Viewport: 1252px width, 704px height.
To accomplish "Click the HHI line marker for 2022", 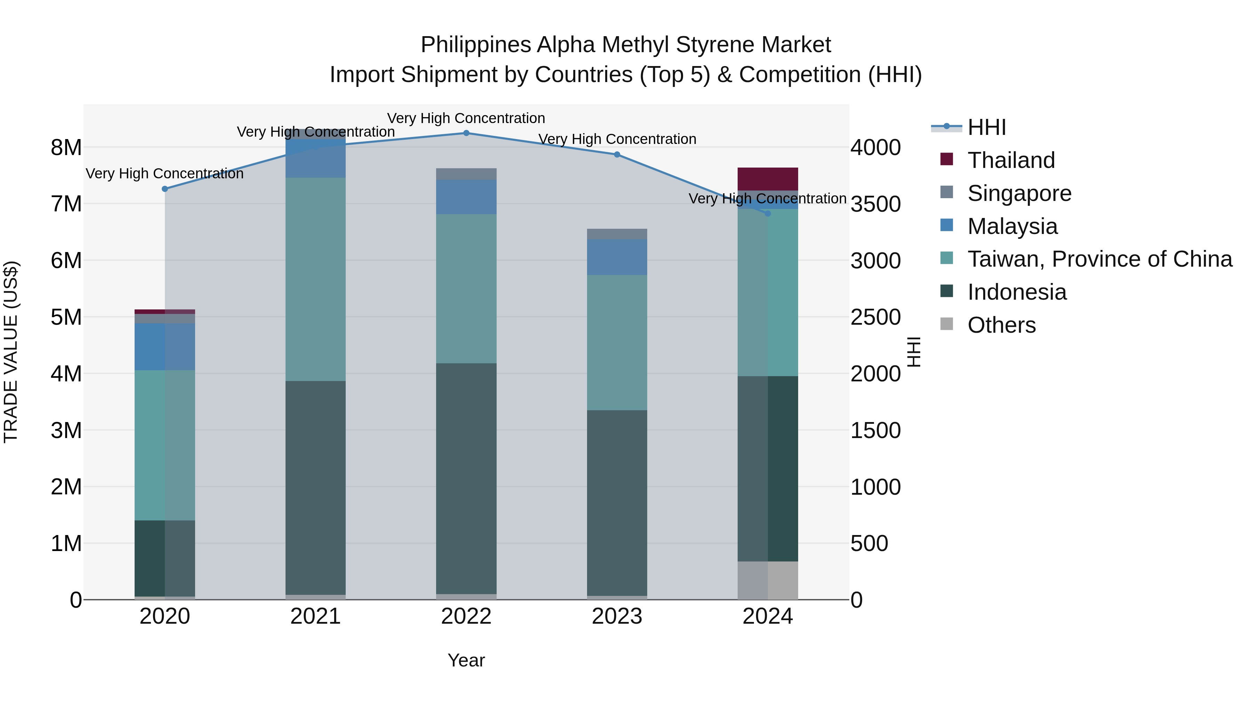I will [466, 133].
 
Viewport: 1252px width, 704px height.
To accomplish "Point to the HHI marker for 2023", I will [617, 154].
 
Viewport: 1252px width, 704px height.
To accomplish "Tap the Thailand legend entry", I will [1011, 160].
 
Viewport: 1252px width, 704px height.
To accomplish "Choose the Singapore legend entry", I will [1019, 193].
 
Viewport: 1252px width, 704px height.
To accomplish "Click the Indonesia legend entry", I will [1017, 292].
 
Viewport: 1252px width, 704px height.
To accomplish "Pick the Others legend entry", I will [1001, 325].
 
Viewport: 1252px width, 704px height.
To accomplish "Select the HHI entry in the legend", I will [986, 127].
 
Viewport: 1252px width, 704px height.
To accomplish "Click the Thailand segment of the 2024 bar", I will [768, 179].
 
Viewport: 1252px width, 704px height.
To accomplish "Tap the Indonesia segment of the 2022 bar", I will [466, 479].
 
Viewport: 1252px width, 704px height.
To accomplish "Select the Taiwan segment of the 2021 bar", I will [315, 280].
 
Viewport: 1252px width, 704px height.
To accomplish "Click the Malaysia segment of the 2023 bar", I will [617, 257].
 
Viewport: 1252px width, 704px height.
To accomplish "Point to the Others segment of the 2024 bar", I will [768, 580].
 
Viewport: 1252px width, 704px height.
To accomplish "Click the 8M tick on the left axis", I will [66, 147].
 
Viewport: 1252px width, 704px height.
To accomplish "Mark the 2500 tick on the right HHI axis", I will [875, 317].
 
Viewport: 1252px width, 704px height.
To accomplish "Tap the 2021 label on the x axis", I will [315, 616].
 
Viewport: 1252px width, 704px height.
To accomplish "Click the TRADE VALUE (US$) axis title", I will [11, 352].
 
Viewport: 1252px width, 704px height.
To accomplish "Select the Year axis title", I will [466, 660].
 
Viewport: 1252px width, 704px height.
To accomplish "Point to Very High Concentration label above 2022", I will [466, 118].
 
